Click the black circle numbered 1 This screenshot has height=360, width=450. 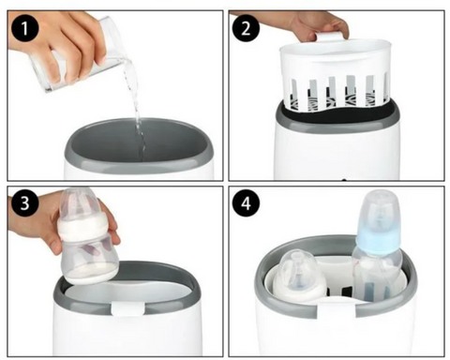click(24, 28)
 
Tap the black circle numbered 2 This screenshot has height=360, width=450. click(246, 28)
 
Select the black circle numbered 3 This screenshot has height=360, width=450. click(24, 202)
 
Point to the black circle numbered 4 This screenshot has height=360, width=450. click(246, 202)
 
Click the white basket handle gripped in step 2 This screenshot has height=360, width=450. click(332, 36)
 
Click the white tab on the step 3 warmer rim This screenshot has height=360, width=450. click(127, 308)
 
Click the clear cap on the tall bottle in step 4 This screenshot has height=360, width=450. click(380, 209)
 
